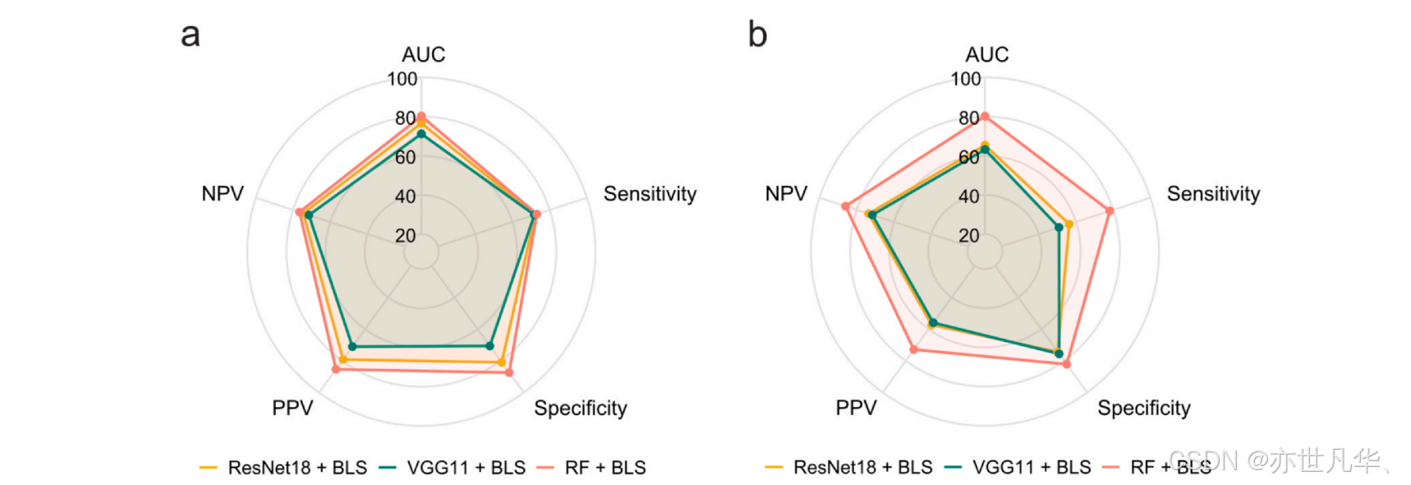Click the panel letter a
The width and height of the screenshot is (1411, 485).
click(x=191, y=35)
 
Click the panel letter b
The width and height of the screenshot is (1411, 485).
click(x=757, y=35)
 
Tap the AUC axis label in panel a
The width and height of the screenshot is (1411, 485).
click(x=423, y=54)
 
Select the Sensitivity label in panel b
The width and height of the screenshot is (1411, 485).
click(x=1213, y=194)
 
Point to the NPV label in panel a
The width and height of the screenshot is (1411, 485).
click(x=223, y=194)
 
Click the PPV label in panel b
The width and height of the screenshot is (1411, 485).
click(x=856, y=408)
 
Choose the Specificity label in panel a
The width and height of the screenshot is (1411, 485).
click(x=581, y=408)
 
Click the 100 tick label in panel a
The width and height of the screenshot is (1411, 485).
click(x=402, y=79)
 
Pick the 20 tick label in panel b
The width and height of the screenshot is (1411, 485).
click(x=969, y=236)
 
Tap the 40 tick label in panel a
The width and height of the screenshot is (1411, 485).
click(x=406, y=196)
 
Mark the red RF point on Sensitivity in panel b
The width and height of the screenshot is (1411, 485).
click(x=1110, y=211)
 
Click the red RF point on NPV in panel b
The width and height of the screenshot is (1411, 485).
click(x=845, y=206)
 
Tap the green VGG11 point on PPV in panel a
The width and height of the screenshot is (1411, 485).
click(x=352, y=347)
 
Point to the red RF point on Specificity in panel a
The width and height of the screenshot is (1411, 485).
click(x=509, y=373)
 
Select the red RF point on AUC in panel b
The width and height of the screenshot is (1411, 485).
click(x=985, y=117)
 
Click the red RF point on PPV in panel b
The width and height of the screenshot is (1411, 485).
click(x=914, y=350)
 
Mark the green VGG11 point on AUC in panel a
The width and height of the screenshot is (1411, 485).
click(x=421, y=133)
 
